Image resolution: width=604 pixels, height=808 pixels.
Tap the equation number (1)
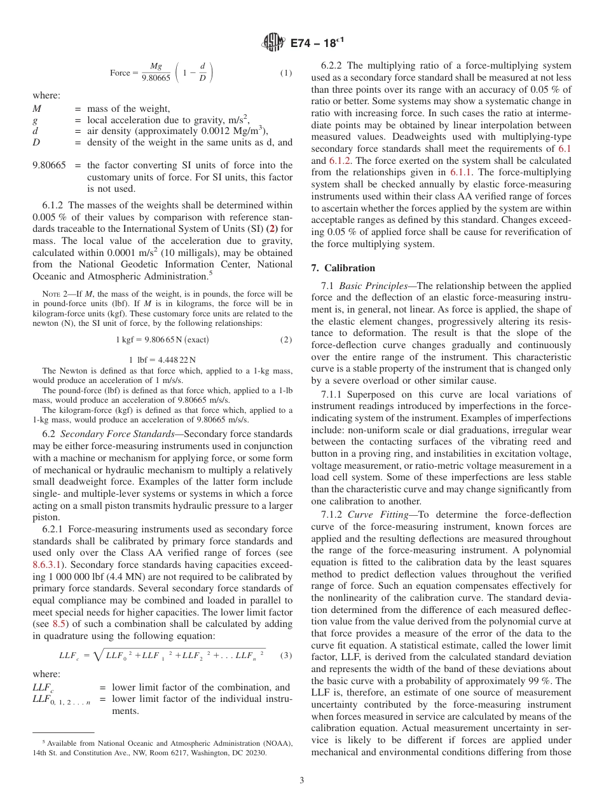coord(286,73)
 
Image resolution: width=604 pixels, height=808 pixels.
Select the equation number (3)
coord(286,655)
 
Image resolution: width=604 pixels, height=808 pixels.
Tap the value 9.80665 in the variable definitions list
coord(49,165)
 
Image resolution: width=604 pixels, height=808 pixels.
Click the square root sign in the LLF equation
coord(98,655)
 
